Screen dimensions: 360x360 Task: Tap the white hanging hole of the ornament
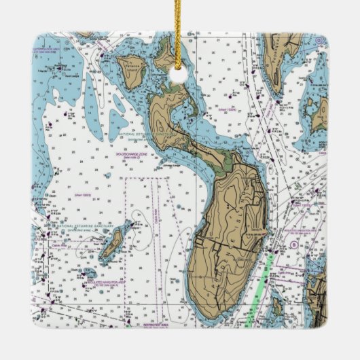click(178, 74)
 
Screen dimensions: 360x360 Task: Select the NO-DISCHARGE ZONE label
click(135, 155)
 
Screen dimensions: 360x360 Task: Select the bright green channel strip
click(262, 285)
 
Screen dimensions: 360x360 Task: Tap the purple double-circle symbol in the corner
click(319, 41)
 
